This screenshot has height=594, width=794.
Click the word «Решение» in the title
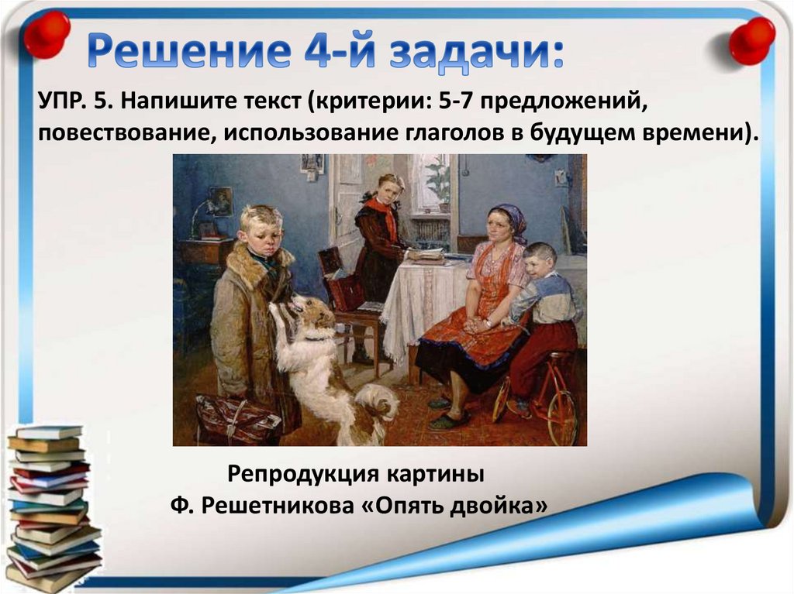click(188, 50)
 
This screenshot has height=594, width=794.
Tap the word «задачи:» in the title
click(477, 50)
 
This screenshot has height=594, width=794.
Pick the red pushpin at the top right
click(751, 39)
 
